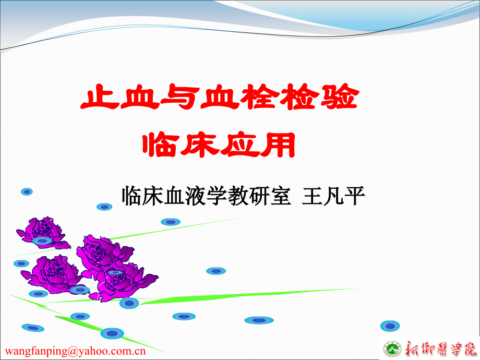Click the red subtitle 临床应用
tap(219, 145)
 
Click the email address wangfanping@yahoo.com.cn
tap(76, 351)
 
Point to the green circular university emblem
tap(392, 348)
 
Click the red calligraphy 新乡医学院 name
tap(439, 348)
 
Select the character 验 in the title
tap(340, 98)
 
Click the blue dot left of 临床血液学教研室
tap(104, 207)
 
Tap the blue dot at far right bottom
tap(390, 326)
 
